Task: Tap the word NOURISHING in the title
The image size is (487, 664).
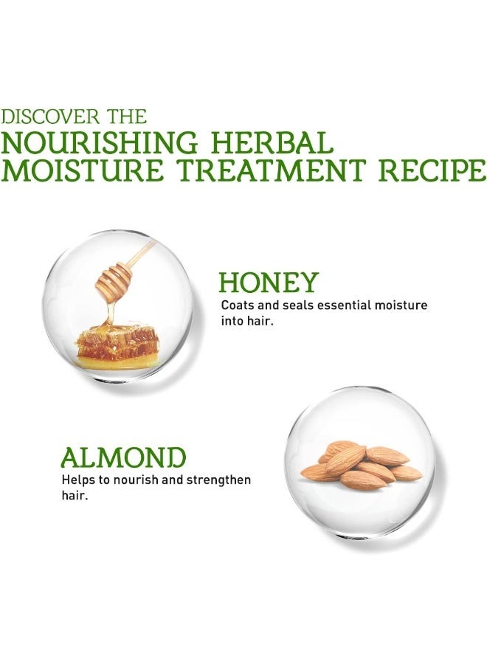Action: click(x=100, y=142)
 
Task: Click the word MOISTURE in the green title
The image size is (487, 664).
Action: click(x=82, y=170)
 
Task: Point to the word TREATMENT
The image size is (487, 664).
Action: click(x=271, y=170)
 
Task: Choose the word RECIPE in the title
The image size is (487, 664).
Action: click(x=432, y=170)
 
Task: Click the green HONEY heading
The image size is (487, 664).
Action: click(x=269, y=283)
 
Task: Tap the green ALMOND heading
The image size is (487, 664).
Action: click(x=123, y=457)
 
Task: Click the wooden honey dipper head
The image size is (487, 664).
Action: click(x=114, y=281)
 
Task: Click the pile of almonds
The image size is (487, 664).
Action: click(x=361, y=465)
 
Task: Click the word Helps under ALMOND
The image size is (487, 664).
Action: click(x=75, y=480)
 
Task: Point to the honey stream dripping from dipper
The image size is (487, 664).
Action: click(x=111, y=314)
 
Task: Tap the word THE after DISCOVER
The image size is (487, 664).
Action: click(x=127, y=117)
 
